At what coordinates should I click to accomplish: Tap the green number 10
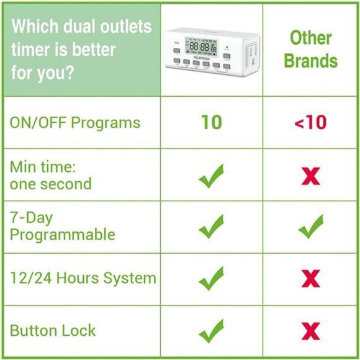tap(211, 122)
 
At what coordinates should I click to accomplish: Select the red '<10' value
tap(310, 122)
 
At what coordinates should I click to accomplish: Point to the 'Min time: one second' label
tap(50, 175)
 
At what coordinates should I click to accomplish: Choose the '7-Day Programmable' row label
tap(62, 226)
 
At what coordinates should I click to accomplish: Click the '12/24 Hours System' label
tap(83, 277)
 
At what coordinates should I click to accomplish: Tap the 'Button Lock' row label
tap(53, 330)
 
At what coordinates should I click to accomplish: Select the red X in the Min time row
tap(310, 176)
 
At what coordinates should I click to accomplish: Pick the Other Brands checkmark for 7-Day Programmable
tap(310, 227)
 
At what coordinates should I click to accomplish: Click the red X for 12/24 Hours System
tap(310, 278)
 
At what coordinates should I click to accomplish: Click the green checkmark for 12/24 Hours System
tap(211, 277)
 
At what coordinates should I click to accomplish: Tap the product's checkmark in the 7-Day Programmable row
tap(211, 227)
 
